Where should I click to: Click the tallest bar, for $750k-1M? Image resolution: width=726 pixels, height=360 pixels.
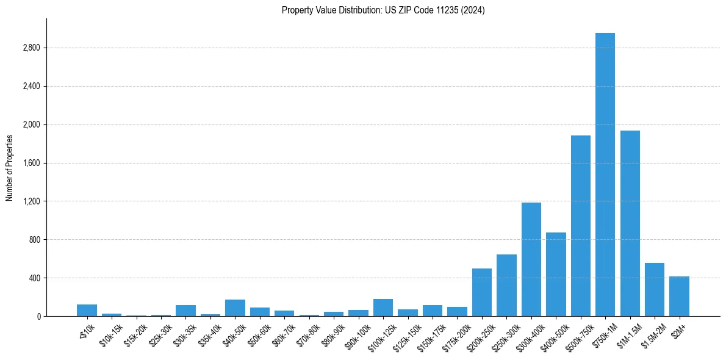pyautogui.click(x=605, y=175)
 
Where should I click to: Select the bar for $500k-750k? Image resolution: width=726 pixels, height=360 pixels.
pyautogui.click(x=580, y=226)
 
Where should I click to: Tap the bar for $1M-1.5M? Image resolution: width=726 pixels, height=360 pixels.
pyautogui.click(x=630, y=223)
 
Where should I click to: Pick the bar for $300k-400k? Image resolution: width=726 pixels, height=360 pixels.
pyautogui.click(x=531, y=259)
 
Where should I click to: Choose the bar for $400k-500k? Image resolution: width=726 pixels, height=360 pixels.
pyautogui.click(x=556, y=274)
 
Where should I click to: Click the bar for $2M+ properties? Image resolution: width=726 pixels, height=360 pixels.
pyautogui.click(x=679, y=297)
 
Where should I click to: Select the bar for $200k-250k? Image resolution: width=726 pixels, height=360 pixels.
pyautogui.click(x=481, y=292)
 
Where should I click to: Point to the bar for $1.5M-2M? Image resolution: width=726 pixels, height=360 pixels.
pyautogui.click(x=654, y=290)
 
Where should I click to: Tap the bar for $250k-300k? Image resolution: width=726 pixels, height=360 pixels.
pyautogui.click(x=506, y=286)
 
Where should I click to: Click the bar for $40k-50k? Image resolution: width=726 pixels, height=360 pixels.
pyautogui.click(x=235, y=308)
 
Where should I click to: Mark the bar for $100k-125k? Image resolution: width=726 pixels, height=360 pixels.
pyautogui.click(x=383, y=308)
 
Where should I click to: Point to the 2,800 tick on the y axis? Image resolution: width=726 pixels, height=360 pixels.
pyautogui.click(x=30, y=48)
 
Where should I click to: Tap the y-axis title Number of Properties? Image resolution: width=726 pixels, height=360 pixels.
pyautogui.click(x=9, y=167)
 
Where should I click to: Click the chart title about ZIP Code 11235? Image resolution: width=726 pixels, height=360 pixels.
pyautogui.click(x=383, y=10)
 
